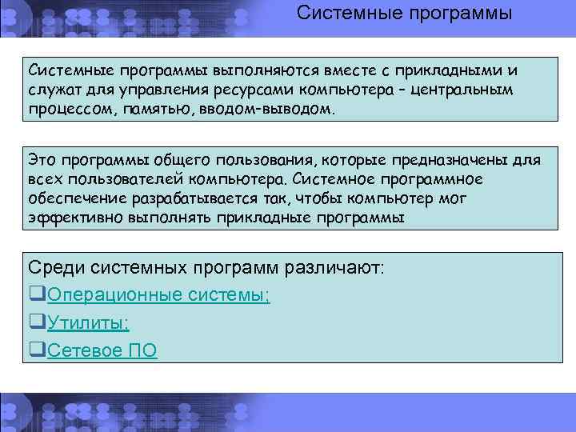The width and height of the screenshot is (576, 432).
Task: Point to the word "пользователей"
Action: tap(112, 179)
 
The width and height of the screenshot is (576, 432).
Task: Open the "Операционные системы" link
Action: tap(158, 295)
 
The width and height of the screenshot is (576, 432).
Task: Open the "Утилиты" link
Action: tap(88, 322)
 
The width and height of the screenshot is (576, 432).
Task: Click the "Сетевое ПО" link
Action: tap(102, 350)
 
